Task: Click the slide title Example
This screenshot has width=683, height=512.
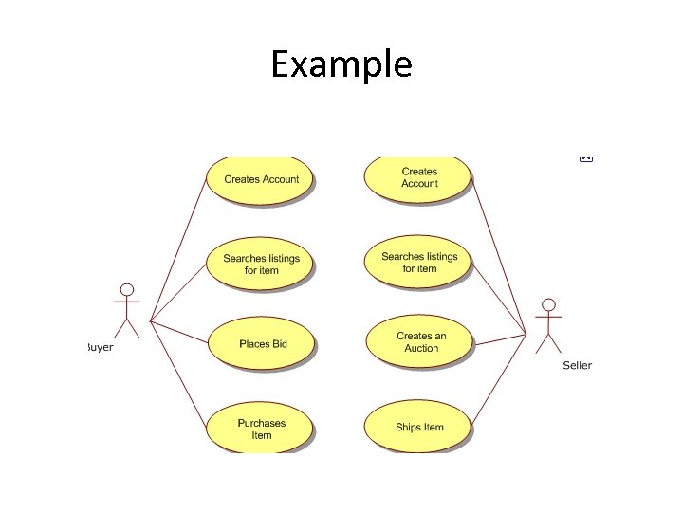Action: tap(341, 64)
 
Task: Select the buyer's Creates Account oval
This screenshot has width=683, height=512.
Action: tap(261, 179)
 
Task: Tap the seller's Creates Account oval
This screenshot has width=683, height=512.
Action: tap(419, 177)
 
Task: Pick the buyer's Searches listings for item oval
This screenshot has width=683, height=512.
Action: tap(261, 264)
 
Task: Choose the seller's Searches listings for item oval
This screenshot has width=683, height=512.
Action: tap(419, 262)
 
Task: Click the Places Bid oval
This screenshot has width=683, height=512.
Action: tap(263, 344)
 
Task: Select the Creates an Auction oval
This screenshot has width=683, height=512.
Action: tap(420, 342)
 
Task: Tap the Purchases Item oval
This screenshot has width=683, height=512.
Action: tap(261, 430)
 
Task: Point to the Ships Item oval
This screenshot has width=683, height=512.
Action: tap(419, 428)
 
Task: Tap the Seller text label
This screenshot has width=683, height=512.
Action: tap(577, 365)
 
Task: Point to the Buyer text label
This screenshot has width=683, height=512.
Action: tap(100, 348)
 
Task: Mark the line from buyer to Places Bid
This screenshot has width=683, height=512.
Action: tap(180, 330)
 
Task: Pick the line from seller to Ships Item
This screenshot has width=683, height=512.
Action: tap(498, 378)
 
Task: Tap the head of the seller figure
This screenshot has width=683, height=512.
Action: tap(548, 304)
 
